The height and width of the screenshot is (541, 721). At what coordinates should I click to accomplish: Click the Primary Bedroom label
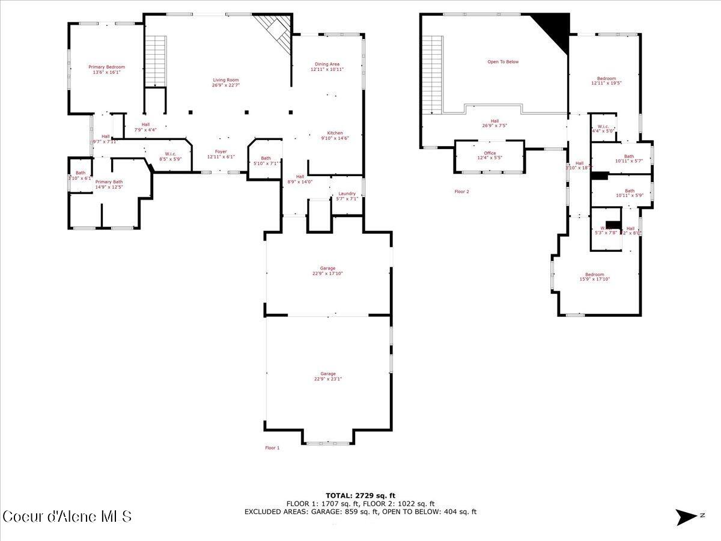[x=106, y=67]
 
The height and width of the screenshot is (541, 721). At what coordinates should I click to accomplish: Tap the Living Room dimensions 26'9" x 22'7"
[x=225, y=85]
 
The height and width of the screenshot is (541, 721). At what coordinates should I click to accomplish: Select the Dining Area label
[x=327, y=64]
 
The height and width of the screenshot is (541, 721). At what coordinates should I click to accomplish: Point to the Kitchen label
[x=335, y=133]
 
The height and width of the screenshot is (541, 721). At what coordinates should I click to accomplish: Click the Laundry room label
[x=347, y=194]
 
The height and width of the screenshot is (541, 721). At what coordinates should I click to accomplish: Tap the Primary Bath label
[x=109, y=182]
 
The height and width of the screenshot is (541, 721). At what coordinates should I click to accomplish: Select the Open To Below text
[x=503, y=62]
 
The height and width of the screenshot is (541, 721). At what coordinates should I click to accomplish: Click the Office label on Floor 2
[x=490, y=153]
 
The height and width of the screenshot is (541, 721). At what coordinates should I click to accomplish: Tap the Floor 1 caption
[x=272, y=448]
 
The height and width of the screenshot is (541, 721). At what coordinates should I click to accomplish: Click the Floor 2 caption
[x=461, y=192]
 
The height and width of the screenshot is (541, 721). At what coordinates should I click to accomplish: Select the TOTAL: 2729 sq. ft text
[x=360, y=495]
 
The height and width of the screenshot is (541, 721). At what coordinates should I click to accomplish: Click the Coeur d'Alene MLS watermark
[x=67, y=516]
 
